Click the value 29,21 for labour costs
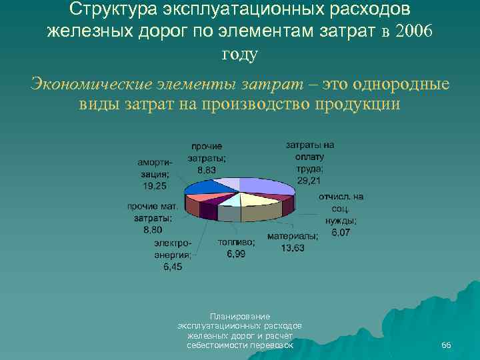point(310,181)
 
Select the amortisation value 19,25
point(153,185)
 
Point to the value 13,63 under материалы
point(293,247)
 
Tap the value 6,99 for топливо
point(235,254)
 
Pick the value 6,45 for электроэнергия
point(173,267)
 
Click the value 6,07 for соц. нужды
point(340,233)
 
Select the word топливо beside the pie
point(236,242)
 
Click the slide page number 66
point(446,345)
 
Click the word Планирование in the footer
point(239,315)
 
